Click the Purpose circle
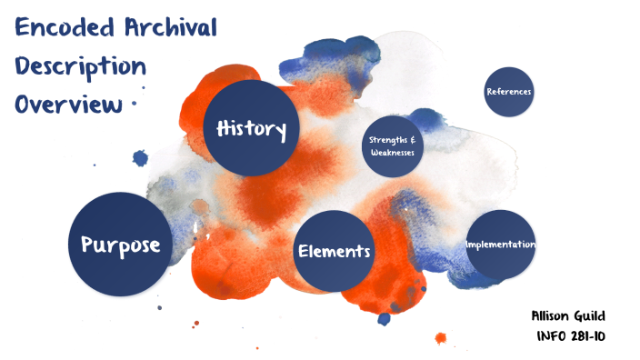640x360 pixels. coord(120,244)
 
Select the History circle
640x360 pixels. coord(251,127)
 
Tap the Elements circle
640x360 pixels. coord(335,251)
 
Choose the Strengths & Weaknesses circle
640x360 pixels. coord(393,145)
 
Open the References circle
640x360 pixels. coord(508,92)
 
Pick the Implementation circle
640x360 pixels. coord(500,245)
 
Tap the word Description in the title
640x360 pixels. coord(80,66)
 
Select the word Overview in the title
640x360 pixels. coord(67,104)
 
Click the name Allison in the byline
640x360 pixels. coord(553,316)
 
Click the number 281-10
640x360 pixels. coord(589,335)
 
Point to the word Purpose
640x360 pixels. coord(120,245)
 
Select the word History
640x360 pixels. coord(251,128)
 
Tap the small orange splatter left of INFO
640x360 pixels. coord(441,338)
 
